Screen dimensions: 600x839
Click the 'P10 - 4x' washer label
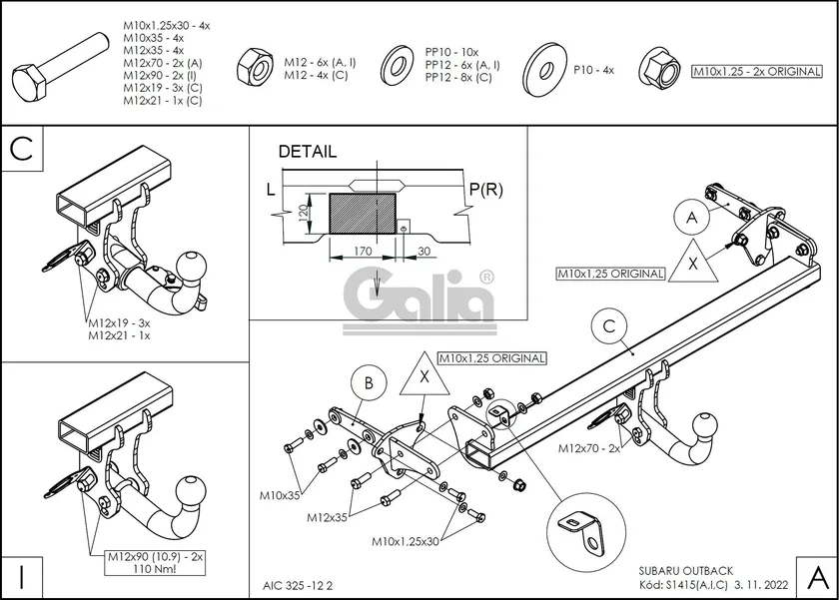click(594, 70)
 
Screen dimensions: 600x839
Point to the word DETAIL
click(307, 152)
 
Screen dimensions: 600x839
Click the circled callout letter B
click(369, 382)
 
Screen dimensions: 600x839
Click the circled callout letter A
click(690, 216)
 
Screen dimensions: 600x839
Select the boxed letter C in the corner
click(23, 150)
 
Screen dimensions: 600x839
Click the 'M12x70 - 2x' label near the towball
click(589, 448)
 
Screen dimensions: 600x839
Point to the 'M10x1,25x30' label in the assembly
click(406, 540)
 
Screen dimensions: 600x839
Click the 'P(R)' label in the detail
click(484, 188)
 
